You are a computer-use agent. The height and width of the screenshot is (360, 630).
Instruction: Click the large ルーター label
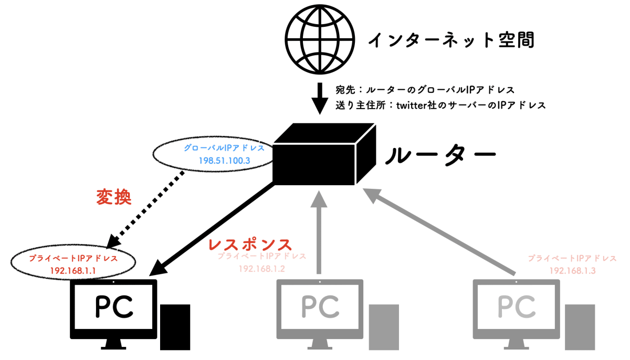(441, 154)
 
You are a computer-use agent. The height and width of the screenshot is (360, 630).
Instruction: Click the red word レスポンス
(250, 245)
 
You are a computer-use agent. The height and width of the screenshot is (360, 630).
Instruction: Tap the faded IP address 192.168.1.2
(261, 268)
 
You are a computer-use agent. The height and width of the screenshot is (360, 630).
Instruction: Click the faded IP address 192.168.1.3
(572, 271)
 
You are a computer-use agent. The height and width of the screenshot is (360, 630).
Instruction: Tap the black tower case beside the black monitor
(175, 326)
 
